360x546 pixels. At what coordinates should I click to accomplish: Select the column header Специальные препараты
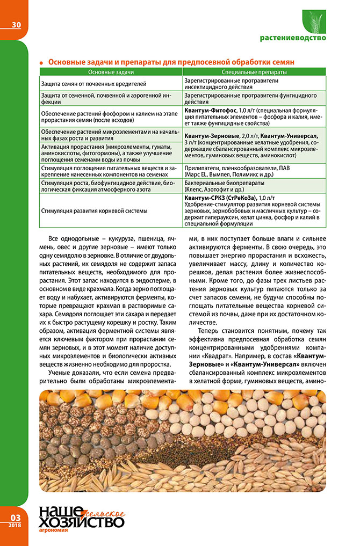click(254, 71)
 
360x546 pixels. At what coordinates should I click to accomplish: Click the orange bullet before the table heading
click(41, 63)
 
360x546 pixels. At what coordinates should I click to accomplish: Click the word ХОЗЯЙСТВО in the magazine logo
click(81, 521)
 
